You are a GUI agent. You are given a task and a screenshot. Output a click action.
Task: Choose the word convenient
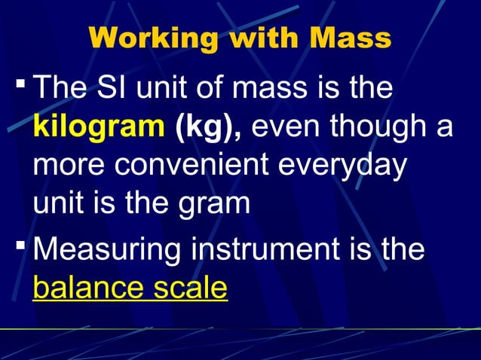(x=190, y=166)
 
